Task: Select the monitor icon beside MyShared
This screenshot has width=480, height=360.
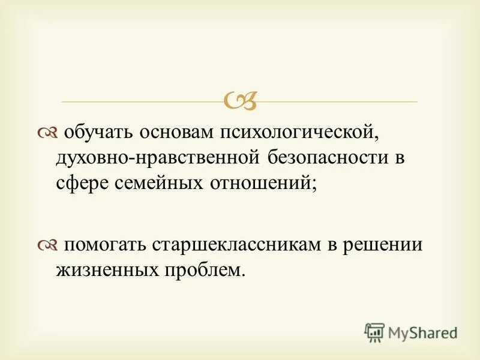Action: tap(374, 332)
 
